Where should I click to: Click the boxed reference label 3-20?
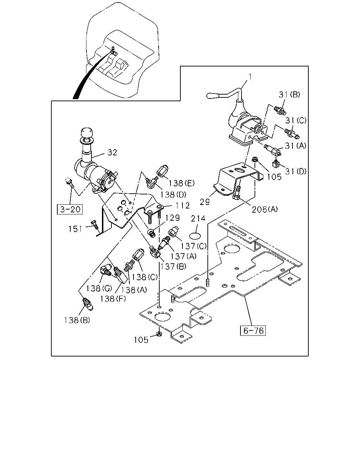click(x=70, y=209)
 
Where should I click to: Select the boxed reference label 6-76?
click(x=253, y=330)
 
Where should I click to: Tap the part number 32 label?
click(x=112, y=153)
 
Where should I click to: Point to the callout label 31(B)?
click(x=289, y=95)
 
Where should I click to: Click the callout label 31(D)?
click(x=296, y=172)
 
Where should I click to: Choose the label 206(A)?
click(x=265, y=209)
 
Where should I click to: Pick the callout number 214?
click(x=198, y=219)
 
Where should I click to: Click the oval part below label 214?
click(x=195, y=236)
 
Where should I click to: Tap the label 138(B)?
click(x=77, y=320)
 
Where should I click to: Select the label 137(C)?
click(x=193, y=246)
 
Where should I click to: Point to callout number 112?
click(x=182, y=206)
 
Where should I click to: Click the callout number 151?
click(x=75, y=229)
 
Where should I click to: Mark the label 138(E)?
click(x=181, y=184)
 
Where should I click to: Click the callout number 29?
click(x=205, y=202)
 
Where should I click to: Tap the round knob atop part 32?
click(x=86, y=133)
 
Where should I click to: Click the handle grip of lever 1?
click(x=212, y=96)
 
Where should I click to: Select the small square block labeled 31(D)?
click(x=276, y=164)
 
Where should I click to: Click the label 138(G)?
click(x=99, y=289)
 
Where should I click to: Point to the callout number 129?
click(x=173, y=218)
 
